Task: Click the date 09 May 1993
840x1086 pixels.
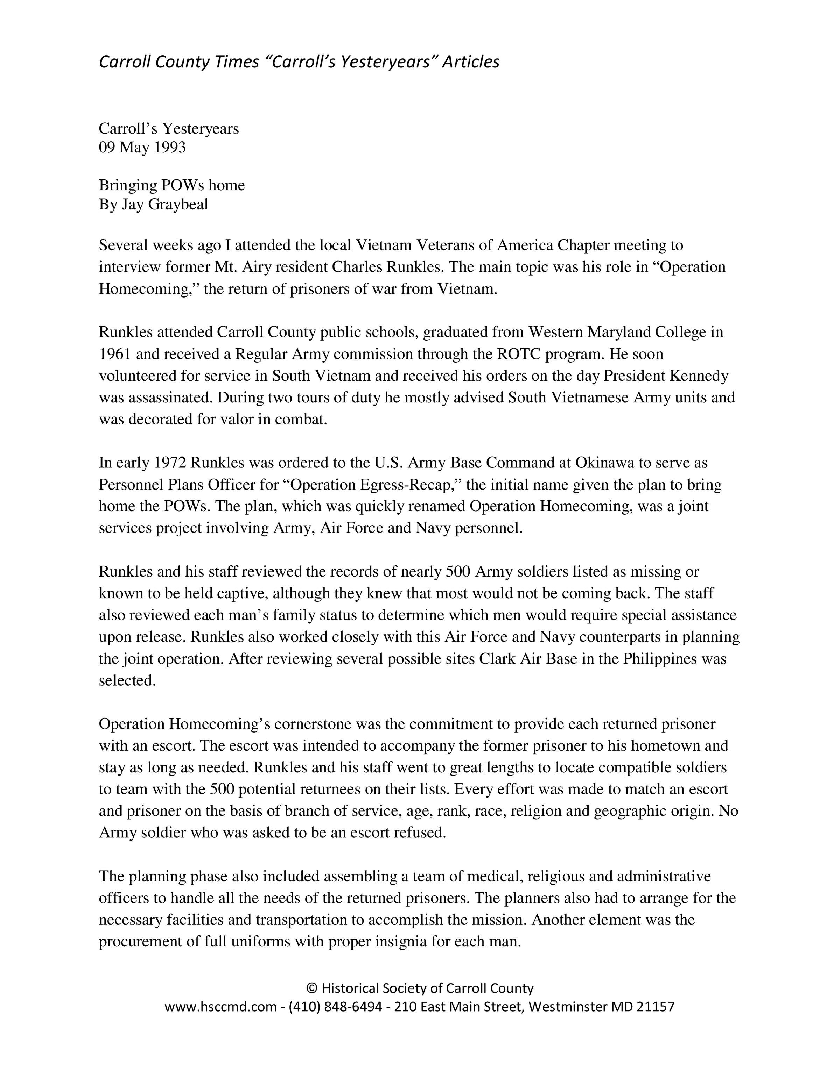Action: point(142,148)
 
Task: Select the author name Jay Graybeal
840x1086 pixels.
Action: point(165,205)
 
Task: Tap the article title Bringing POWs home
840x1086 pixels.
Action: point(172,185)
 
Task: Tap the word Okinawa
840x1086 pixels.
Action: point(604,463)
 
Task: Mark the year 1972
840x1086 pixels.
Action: point(170,463)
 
